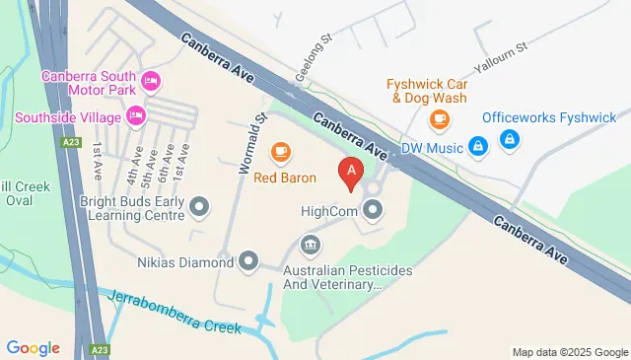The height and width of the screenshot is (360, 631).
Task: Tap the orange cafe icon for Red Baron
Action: pos(282,152)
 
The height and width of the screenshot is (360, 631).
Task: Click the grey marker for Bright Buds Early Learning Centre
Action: pos(199,206)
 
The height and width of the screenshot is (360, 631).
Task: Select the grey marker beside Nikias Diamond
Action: pos(248,261)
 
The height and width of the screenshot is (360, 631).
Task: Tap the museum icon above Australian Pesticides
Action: pos(310,244)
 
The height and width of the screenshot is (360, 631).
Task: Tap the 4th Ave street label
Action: pos(131,169)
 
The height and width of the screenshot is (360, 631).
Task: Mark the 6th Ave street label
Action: pos(164,163)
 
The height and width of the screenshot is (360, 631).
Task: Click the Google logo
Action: pos(33,347)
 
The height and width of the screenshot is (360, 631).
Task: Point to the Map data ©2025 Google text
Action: pos(570,352)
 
